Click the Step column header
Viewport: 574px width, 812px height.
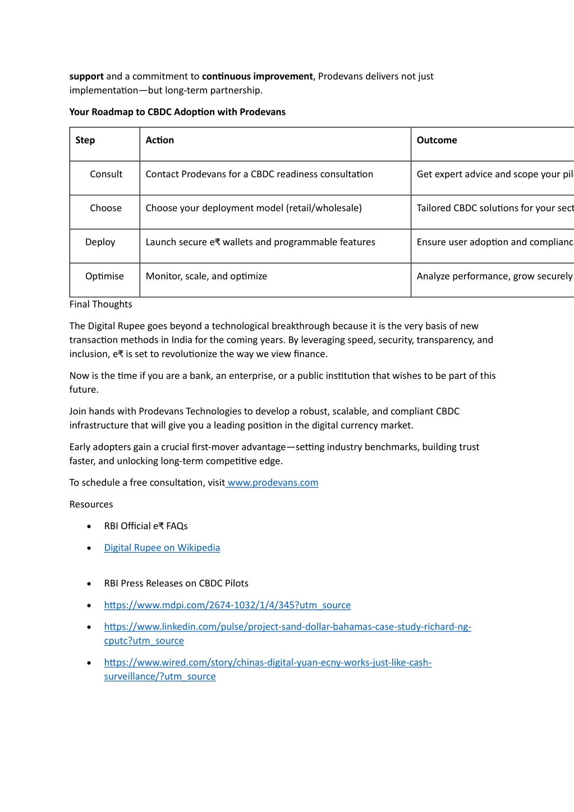click(85, 140)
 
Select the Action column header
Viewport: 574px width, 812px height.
click(160, 140)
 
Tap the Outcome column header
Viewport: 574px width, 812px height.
click(437, 140)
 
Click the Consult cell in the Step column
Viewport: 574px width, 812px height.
click(106, 174)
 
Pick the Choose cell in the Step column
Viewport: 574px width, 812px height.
click(105, 208)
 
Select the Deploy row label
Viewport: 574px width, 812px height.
click(100, 242)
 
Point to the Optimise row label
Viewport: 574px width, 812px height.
click(104, 276)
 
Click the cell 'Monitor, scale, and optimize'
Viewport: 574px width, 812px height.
click(206, 276)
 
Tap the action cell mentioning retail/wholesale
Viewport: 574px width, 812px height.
click(254, 208)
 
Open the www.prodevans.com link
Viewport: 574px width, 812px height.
click(273, 483)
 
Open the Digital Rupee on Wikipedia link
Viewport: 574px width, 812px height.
click(162, 548)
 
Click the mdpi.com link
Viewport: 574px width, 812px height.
click(227, 605)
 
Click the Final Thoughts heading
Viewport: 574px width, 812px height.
click(101, 304)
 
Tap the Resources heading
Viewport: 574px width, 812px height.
click(91, 504)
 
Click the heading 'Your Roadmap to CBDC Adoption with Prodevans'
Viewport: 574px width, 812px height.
click(177, 112)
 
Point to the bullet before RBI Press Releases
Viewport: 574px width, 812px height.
click(89, 584)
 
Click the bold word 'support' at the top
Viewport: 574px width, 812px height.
click(86, 76)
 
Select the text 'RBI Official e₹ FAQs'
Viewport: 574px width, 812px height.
click(146, 526)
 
